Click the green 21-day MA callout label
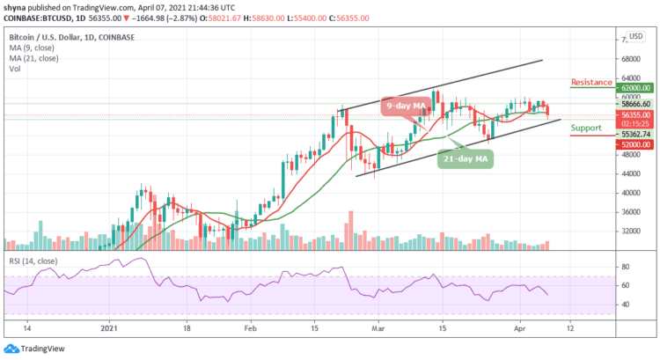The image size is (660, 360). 466,159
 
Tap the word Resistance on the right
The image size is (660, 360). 591,82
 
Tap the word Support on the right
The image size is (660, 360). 586,128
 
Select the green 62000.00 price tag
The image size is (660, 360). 634,88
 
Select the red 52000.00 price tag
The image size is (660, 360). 634,143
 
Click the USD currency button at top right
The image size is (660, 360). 634,38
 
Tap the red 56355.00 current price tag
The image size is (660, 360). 634,114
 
